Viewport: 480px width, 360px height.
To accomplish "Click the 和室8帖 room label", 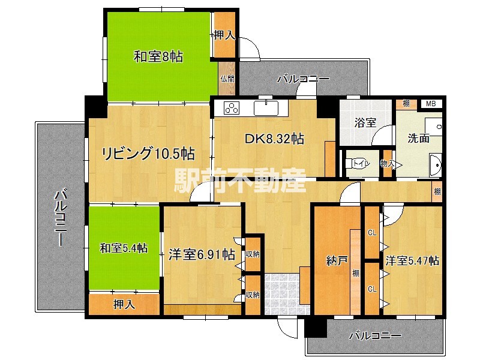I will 158,58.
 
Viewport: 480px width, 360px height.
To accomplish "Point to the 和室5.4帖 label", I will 123,247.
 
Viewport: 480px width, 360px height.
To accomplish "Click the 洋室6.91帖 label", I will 201,255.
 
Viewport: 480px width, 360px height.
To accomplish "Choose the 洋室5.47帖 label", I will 412,261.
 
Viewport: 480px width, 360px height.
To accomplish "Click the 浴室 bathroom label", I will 365,123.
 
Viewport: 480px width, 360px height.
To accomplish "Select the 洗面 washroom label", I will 418,138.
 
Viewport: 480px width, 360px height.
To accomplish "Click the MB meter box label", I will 431,104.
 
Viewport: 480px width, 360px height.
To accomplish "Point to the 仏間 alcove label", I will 227,79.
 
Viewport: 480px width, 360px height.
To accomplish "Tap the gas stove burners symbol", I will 232,109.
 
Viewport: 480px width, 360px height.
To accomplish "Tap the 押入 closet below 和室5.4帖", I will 125,305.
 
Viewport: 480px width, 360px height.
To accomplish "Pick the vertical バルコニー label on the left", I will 59,217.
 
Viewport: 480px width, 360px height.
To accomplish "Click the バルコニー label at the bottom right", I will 375,336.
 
